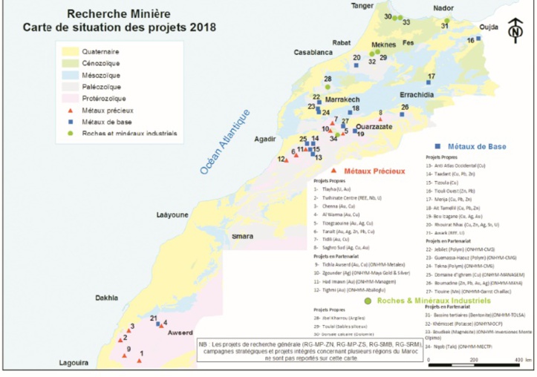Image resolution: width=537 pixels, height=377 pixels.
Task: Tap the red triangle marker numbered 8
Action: point(380,119)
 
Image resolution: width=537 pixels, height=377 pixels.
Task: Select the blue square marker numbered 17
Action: point(431,84)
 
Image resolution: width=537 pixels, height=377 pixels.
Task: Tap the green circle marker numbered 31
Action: point(445,17)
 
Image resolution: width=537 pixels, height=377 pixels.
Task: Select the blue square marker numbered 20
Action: point(357,65)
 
